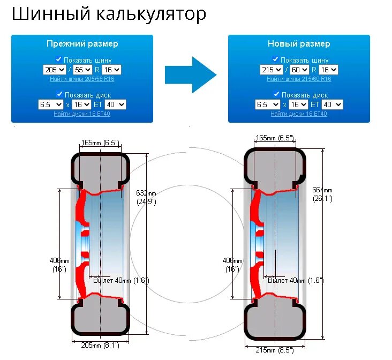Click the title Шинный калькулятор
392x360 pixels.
(x=109, y=14)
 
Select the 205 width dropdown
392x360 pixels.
(x=55, y=70)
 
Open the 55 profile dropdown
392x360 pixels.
(x=83, y=70)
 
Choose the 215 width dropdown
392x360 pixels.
(x=272, y=70)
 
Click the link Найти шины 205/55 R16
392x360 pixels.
(x=82, y=79)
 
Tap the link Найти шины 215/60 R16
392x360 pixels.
(x=299, y=79)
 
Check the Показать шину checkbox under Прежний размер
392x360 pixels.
(x=59, y=60)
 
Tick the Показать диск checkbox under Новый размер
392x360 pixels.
(x=276, y=94)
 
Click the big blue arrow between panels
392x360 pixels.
(x=190, y=74)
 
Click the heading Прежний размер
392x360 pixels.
(x=82, y=44)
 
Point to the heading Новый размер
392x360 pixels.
(x=299, y=44)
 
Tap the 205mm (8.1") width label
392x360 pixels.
(x=100, y=346)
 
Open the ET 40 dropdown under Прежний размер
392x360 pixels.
(x=115, y=104)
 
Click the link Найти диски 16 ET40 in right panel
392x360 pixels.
(x=299, y=114)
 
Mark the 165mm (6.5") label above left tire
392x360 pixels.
(x=100, y=142)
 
